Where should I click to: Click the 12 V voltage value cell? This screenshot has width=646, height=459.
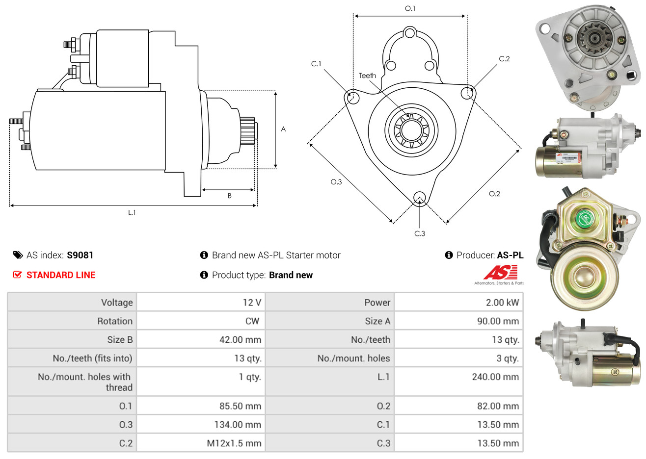[x=252, y=303]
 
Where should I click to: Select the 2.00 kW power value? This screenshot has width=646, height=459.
[x=502, y=303]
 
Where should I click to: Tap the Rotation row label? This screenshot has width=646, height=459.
[x=114, y=321]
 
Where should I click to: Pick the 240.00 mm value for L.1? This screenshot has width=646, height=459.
[x=495, y=377]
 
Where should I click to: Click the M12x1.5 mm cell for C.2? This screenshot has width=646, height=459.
[x=234, y=443]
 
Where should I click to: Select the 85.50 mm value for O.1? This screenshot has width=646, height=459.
[x=240, y=406]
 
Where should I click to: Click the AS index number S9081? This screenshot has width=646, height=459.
[x=80, y=255]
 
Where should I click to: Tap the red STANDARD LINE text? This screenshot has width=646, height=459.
[x=61, y=275]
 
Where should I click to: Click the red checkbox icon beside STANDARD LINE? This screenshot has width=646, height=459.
[x=17, y=275]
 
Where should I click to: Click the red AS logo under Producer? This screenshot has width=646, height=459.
[x=500, y=273]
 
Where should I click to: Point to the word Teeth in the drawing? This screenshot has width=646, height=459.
[x=367, y=76]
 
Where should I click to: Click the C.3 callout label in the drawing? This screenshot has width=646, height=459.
[x=420, y=233]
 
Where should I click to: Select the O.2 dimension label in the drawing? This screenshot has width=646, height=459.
[x=494, y=194]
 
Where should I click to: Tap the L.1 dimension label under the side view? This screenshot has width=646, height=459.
[x=132, y=212]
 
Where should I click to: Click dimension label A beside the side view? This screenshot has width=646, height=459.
[x=283, y=129]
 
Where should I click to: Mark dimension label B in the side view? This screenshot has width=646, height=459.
[x=229, y=196]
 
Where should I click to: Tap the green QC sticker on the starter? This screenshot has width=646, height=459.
[x=585, y=218]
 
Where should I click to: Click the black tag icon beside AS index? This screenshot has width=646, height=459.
[x=18, y=255]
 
